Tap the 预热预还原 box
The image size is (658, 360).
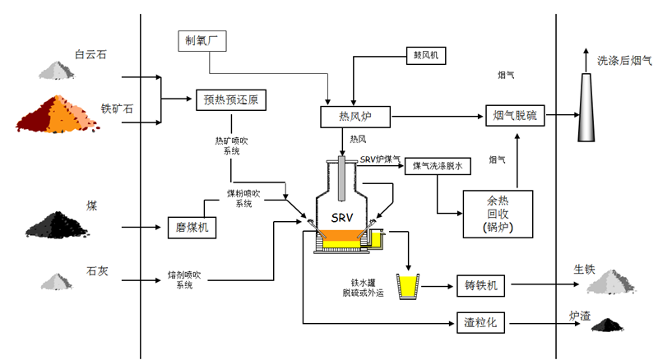pos(230,100)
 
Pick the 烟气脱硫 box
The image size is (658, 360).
pos(514,117)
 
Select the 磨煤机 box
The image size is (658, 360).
pos(192,226)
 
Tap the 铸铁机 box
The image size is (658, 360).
pos(480,287)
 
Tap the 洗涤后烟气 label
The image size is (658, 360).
pos(623,60)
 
